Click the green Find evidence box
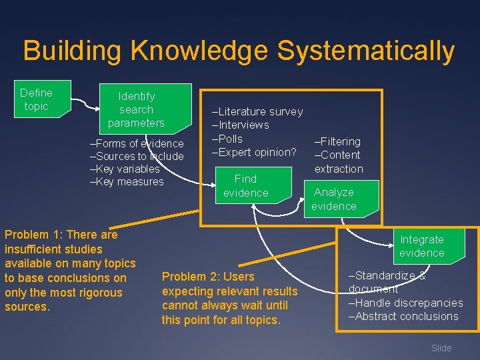pyautogui.click(x=246, y=186)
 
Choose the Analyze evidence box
pyautogui.click(x=334, y=199)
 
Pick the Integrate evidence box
pyautogui.click(x=421, y=246)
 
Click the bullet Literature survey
pyautogui.click(x=257, y=111)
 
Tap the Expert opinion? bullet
pyautogui.click(x=254, y=152)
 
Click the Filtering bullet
pyautogui.click(x=338, y=141)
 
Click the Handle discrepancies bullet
pyautogui.click(x=405, y=303)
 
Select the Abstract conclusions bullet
pyautogui.click(x=403, y=316)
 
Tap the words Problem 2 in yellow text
pyautogui.click(x=187, y=277)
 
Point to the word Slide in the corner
pyautogui.click(x=441, y=348)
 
